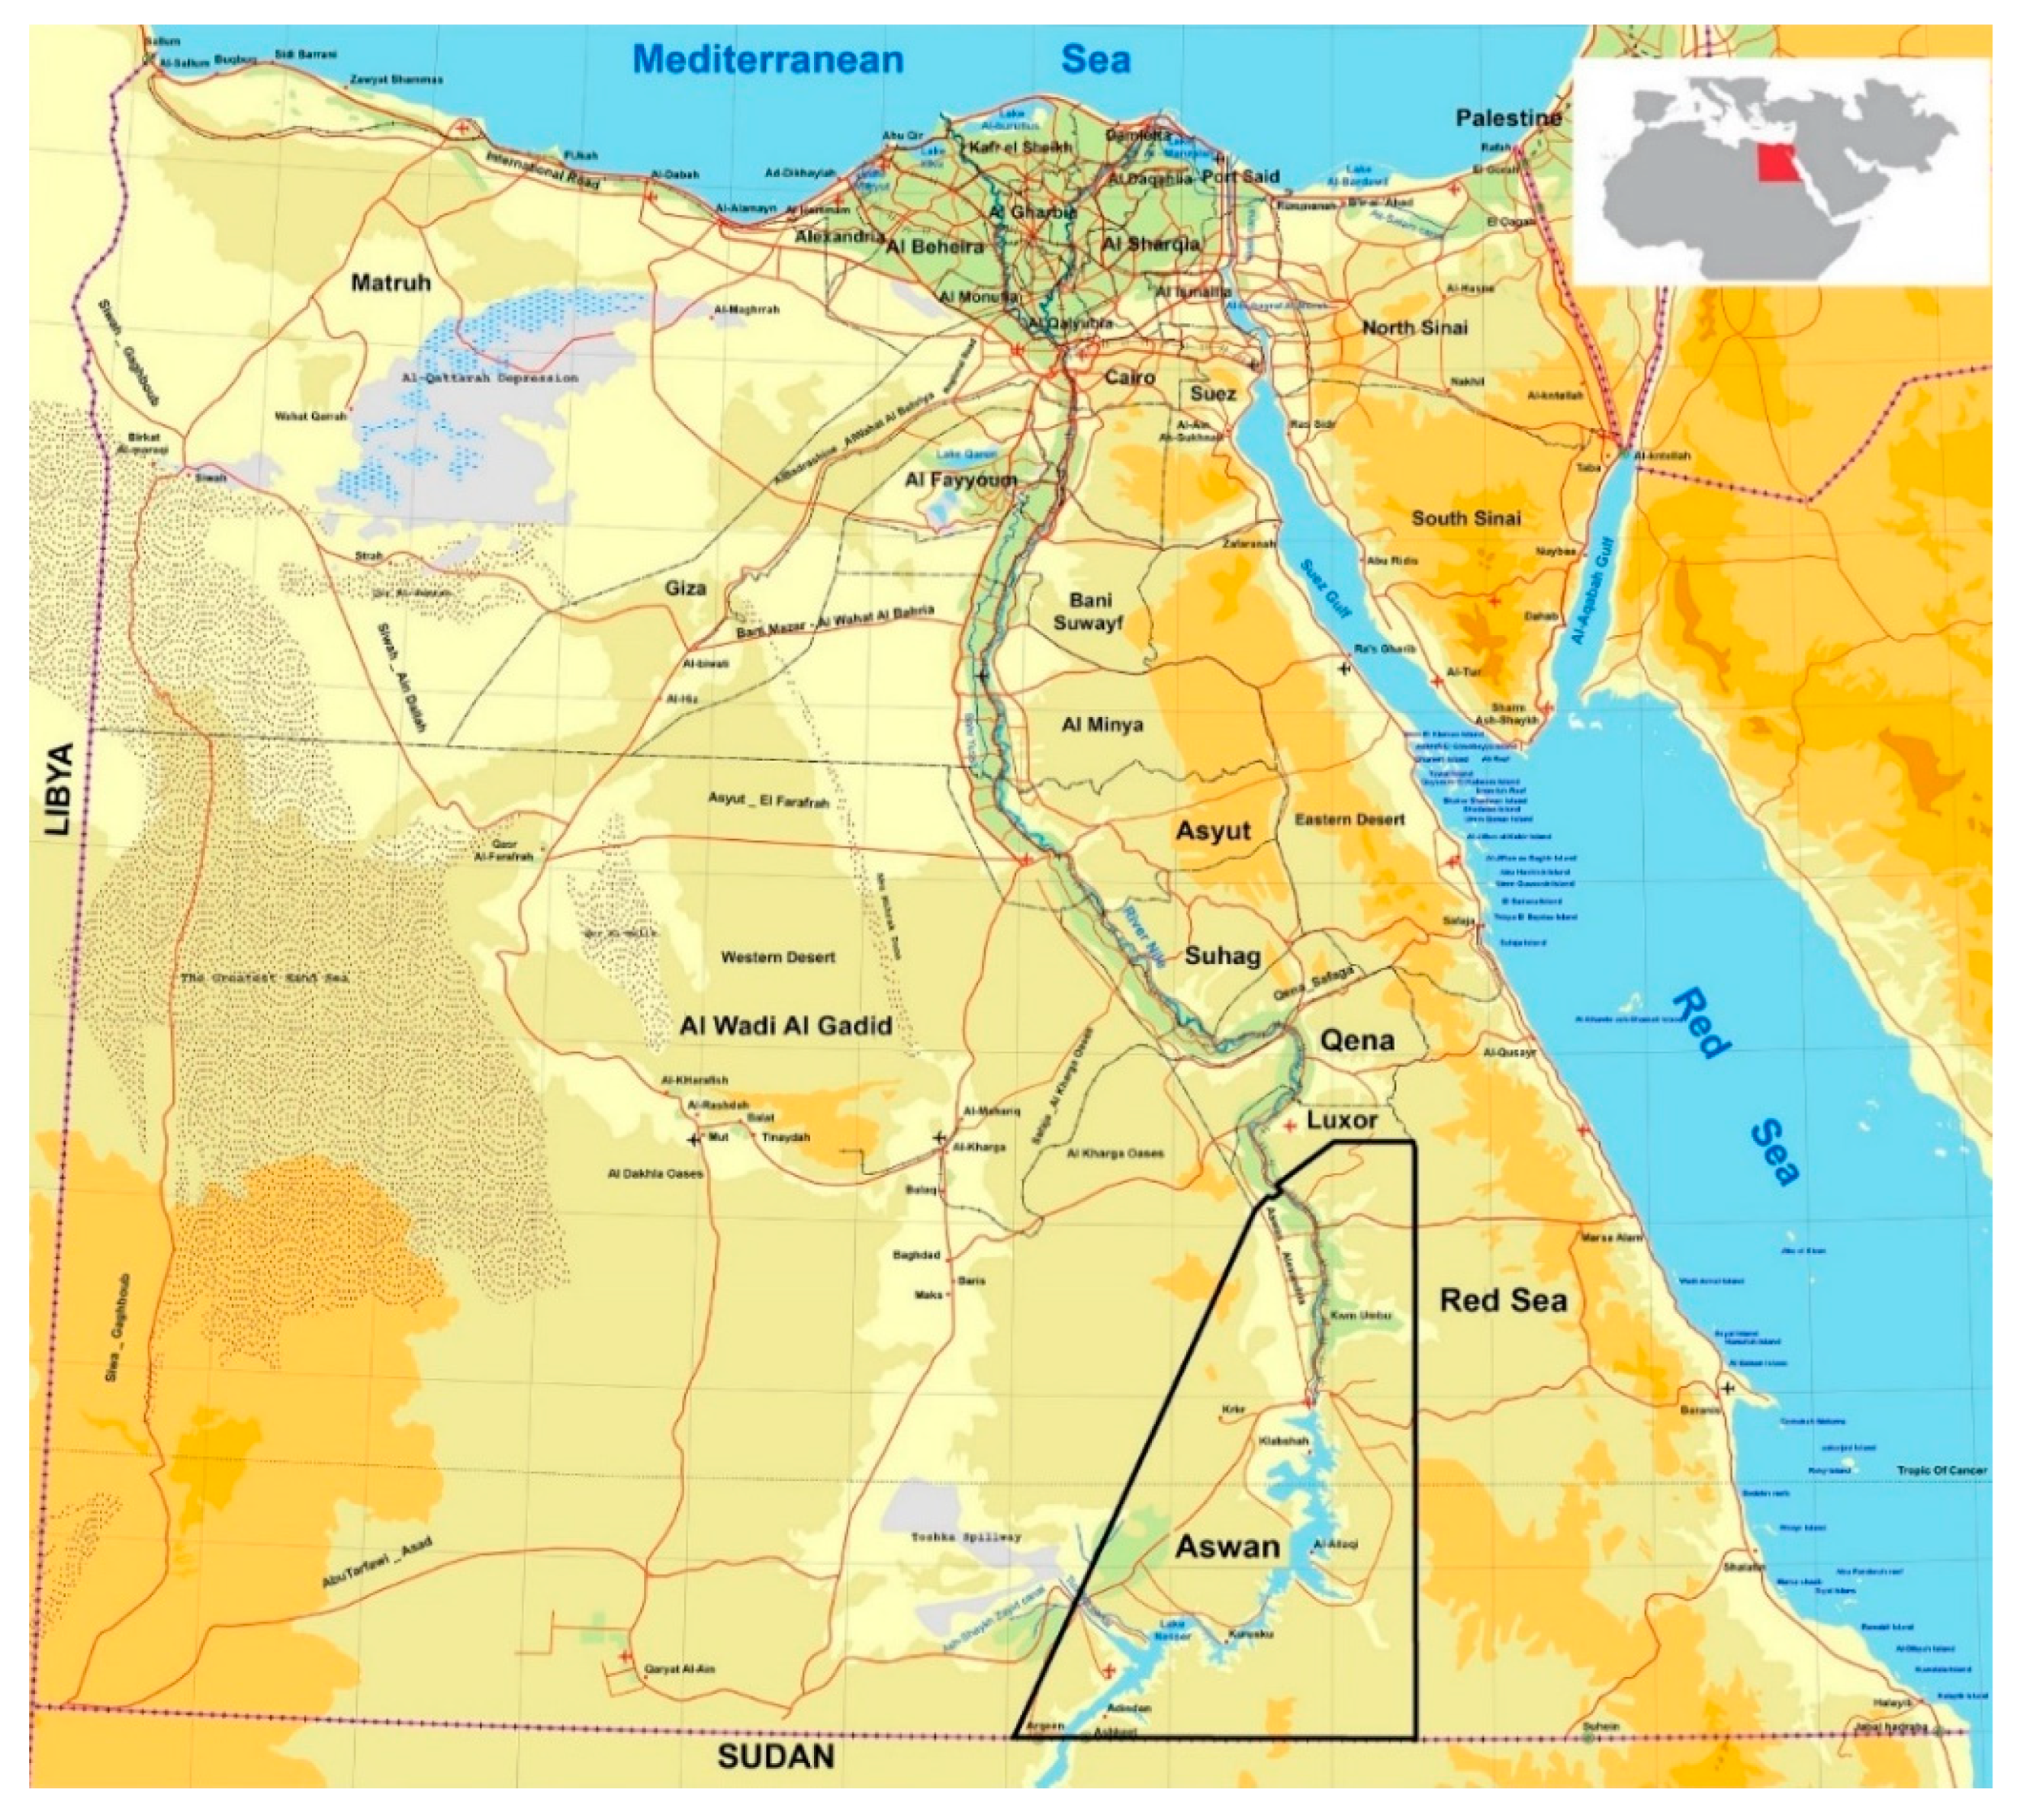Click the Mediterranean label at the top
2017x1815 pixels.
click(x=767, y=59)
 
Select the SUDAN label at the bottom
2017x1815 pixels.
click(x=775, y=1784)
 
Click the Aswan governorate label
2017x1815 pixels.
click(x=1226, y=1546)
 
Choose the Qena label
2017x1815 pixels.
click(x=1356, y=1040)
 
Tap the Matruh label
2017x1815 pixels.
click(x=390, y=282)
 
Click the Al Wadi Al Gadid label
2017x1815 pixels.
click(x=785, y=1025)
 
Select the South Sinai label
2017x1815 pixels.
click(x=1465, y=518)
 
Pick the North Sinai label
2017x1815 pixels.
click(x=1414, y=327)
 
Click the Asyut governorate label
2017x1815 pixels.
click(x=1212, y=830)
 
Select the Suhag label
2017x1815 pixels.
click(x=1222, y=956)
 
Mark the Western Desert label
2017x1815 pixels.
click(x=777, y=957)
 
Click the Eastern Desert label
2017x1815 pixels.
click(x=1349, y=819)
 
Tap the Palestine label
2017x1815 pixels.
click(x=1507, y=117)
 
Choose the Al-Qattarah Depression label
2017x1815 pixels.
click(x=489, y=379)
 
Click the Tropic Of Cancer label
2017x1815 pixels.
click(x=1940, y=1470)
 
